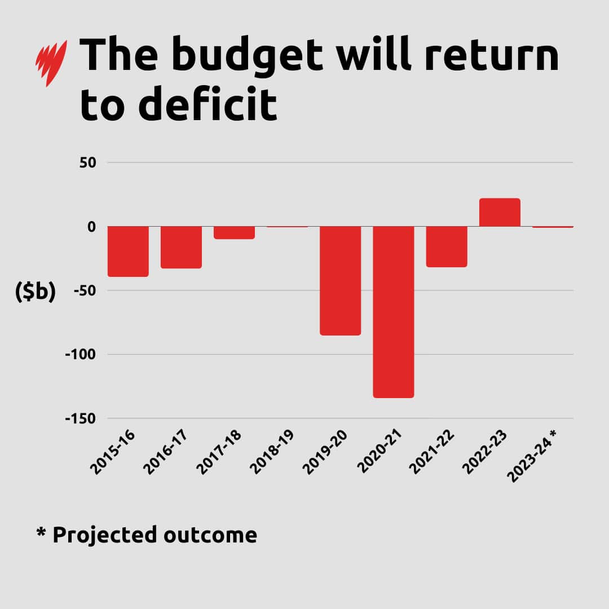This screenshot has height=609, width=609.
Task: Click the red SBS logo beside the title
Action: (51, 63)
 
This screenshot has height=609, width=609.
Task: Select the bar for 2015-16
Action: (128, 251)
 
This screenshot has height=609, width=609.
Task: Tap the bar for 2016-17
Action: (181, 247)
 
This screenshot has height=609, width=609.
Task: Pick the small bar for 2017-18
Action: (234, 232)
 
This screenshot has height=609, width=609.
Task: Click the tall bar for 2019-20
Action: (340, 281)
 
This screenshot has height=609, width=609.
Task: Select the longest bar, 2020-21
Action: (393, 312)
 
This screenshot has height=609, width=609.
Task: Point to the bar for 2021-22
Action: (446, 246)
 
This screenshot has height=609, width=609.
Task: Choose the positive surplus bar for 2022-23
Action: (499, 213)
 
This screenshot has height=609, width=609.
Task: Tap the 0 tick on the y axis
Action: (91, 227)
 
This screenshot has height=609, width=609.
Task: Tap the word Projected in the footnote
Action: (104, 535)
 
